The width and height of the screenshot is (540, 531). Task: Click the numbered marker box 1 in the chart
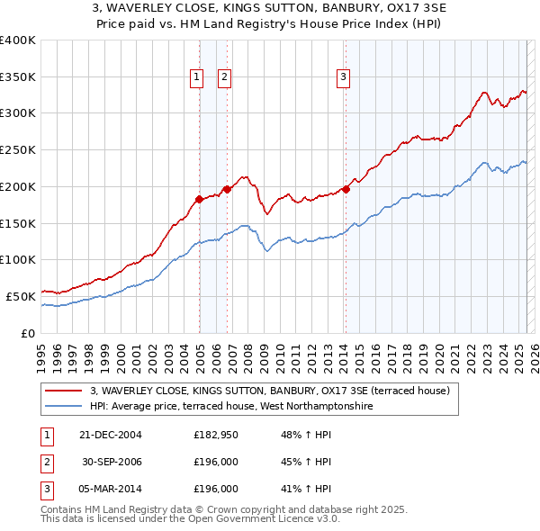click(196, 78)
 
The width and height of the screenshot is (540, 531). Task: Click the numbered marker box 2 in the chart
click(224, 78)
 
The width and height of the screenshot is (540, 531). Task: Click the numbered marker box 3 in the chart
click(344, 78)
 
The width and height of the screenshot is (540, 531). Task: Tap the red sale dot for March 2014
click(346, 189)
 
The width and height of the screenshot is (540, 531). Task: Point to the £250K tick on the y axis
click(18, 150)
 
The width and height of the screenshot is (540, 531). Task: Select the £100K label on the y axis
click(18, 259)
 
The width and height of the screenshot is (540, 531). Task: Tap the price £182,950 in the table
click(215, 435)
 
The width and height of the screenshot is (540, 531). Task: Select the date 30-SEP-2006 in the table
click(112, 462)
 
